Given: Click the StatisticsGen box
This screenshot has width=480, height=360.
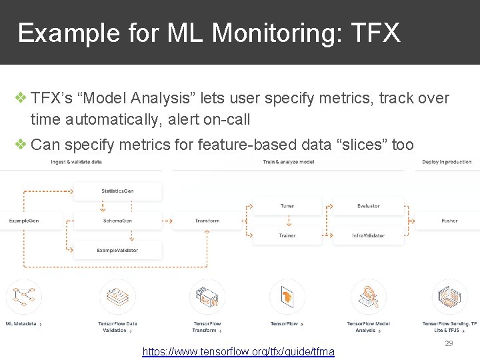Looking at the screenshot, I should coord(117,191).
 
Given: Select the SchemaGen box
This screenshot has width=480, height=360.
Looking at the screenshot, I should coord(117,221).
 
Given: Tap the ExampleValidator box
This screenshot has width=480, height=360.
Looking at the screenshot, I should coord(117,250).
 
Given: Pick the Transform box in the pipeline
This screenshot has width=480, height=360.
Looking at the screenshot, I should coord(207,221).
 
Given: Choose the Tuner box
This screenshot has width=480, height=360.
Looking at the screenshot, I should coord(287,206).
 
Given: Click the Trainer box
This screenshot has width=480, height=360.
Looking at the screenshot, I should coord(287,235).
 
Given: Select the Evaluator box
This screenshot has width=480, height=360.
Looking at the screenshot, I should coord(368,206).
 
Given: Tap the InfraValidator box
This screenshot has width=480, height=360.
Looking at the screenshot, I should coord(368,235).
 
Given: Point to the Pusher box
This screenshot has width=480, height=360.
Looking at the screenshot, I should coord(449,221).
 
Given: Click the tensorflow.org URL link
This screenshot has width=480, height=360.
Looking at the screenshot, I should coord(239,351).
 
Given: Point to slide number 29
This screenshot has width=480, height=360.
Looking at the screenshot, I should coord(449,343).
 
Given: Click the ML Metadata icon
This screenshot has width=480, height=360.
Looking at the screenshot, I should coord(24,297).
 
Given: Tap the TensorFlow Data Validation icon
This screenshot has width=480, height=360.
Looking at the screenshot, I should coord(117,297).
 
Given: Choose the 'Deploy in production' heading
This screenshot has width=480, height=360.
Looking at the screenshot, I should coord(447,162).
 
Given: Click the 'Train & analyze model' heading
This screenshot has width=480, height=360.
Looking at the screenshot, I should coord(289,162).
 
